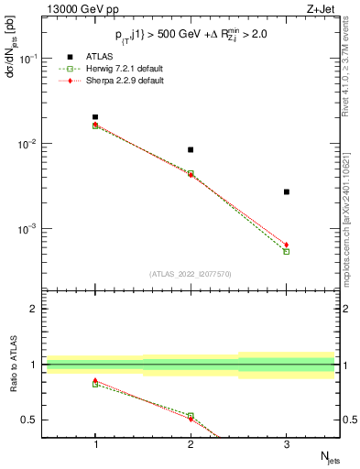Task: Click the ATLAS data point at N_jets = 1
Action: [95, 117]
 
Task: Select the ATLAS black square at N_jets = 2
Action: [191, 149]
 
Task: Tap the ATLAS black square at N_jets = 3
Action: [287, 191]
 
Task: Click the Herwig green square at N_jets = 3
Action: [287, 251]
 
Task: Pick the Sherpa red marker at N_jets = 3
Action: [287, 245]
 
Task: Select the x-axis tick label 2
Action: [191, 445]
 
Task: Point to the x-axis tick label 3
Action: [287, 445]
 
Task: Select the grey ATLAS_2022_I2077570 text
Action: [191, 273]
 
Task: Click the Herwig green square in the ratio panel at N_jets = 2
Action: [191, 415]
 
